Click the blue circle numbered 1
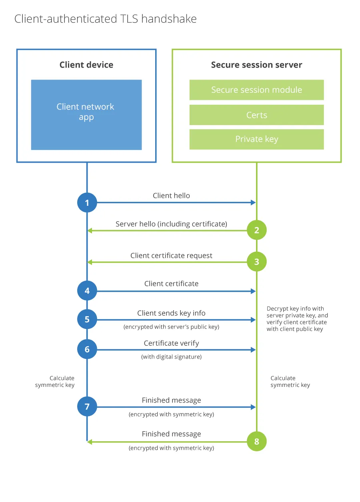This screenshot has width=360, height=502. click(x=87, y=203)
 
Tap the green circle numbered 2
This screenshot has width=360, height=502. click(x=256, y=230)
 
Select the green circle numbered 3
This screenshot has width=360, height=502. click(x=256, y=262)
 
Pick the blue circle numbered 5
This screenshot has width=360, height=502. click(x=87, y=319)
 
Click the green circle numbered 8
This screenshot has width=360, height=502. click(x=256, y=441)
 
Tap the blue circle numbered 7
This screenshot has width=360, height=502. click(x=87, y=406)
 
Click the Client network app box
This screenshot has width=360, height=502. click(x=86, y=115)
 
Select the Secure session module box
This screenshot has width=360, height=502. click(x=256, y=90)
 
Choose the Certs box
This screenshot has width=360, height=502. click(x=256, y=115)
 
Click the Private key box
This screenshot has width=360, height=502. click(x=256, y=139)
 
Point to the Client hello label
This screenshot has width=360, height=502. click(x=171, y=195)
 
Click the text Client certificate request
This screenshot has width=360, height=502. click(x=171, y=255)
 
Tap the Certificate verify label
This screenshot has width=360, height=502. click(x=171, y=343)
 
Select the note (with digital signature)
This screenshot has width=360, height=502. click(x=171, y=357)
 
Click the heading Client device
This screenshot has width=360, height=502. click(x=86, y=65)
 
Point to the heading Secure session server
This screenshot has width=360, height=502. click(x=256, y=65)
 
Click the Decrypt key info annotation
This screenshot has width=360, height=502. click(x=297, y=319)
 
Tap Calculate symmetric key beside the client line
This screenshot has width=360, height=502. click(x=55, y=381)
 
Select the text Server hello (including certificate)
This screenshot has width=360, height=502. click(x=171, y=224)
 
